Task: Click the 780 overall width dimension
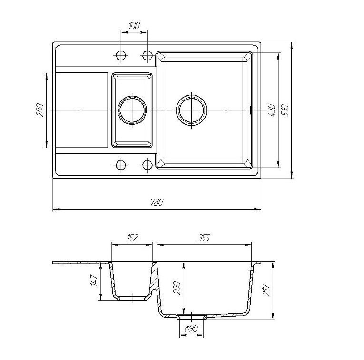pyautogui.click(x=157, y=202)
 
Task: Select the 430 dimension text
pyautogui.click(x=272, y=110)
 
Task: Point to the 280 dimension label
pyautogui.click(x=40, y=110)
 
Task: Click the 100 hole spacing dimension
pyautogui.click(x=134, y=26)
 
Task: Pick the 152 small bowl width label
pyautogui.click(x=132, y=238)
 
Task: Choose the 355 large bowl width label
pyautogui.click(x=203, y=238)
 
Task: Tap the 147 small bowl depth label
pyautogui.click(x=94, y=280)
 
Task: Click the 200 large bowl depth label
pyautogui.click(x=177, y=288)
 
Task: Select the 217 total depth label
pyautogui.click(x=266, y=290)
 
